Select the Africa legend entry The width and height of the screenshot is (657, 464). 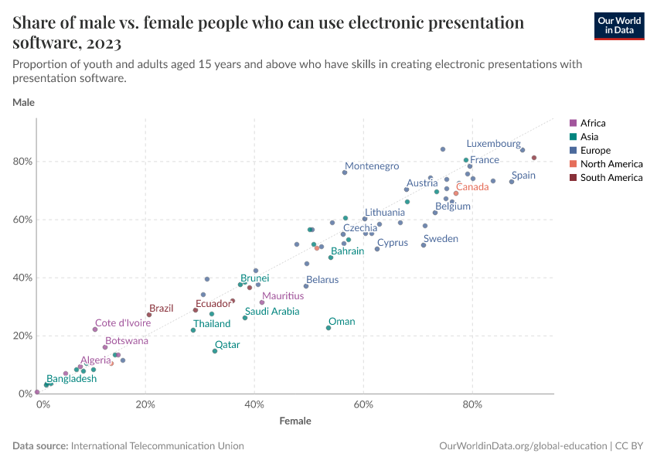[x=593, y=123]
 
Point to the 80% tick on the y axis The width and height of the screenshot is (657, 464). [x=22, y=162]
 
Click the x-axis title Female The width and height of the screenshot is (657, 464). [x=295, y=421]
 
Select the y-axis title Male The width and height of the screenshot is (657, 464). [x=23, y=102]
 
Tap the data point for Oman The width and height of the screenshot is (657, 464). [x=328, y=328]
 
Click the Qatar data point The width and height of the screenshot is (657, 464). [x=215, y=351]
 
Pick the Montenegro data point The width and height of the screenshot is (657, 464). [x=345, y=172]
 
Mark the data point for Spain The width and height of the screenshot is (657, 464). [x=512, y=182]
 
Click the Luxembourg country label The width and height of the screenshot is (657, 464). [x=493, y=144]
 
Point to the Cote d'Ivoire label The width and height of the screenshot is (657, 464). [x=123, y=323]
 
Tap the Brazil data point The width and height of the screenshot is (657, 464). [x=149, y=315]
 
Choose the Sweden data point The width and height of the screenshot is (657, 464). [x=424, y=245]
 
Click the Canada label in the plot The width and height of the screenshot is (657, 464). [x=471, y=187]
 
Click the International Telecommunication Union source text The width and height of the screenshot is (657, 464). [x=158, y=446]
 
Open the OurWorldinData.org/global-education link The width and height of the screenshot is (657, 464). [x=523, y=446]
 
